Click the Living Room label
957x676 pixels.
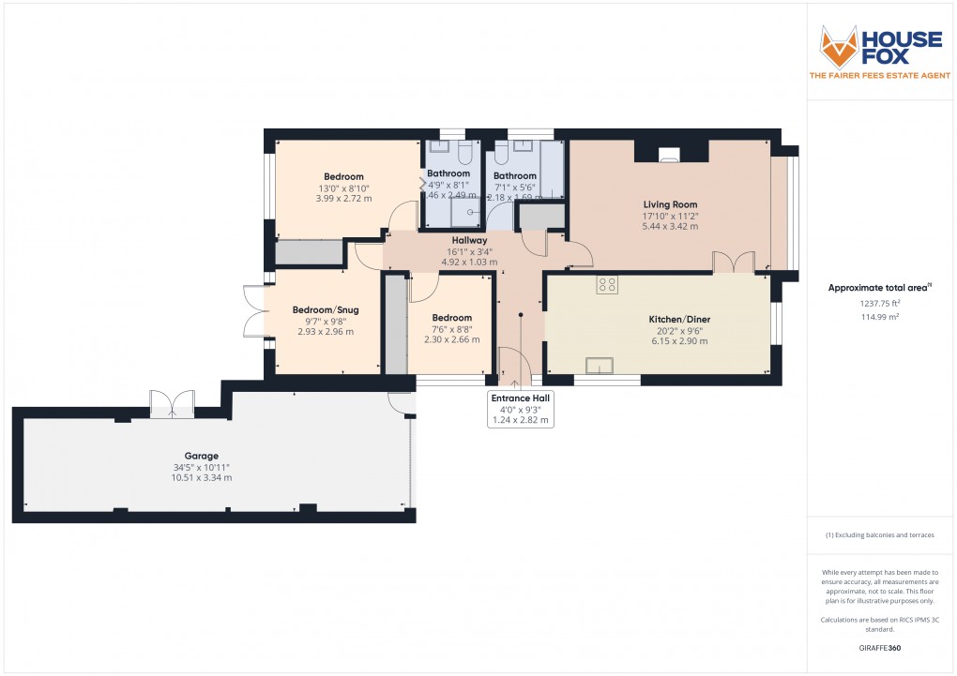[670, 204]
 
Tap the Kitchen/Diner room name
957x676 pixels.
[679, 320]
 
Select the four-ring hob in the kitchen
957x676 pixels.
[607, 285]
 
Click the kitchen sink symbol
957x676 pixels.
[598, 365]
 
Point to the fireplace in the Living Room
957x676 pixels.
[670, 155]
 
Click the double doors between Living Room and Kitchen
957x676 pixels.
[732, 263]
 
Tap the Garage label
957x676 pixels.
[189, 457]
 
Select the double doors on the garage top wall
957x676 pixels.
[172, 403]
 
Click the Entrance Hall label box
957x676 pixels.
[522, 410]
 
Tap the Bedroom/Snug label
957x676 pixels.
[326, 310]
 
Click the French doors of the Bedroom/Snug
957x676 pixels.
[253, 310]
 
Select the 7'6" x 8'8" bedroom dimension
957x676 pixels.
[451, 329]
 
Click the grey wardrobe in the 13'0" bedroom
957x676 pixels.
[310, 253]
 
